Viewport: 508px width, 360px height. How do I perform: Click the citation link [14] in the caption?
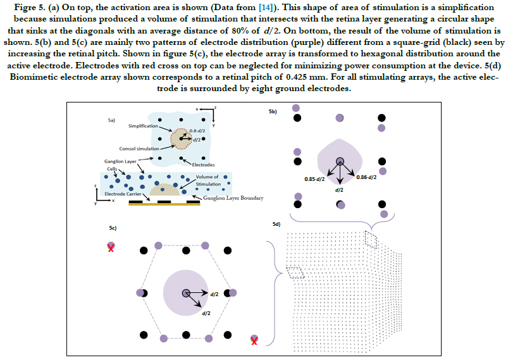coord(266,8)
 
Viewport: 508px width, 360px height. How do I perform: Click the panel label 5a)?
coord(111,120)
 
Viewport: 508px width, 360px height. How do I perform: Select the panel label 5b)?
coord(273,111)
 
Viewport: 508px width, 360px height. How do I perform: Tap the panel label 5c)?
coord(113,228)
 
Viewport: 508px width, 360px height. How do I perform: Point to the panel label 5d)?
coord(276,224)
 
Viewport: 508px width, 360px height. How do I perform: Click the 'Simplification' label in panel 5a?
coord(143,126)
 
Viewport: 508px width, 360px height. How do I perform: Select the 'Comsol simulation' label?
coord(139,149)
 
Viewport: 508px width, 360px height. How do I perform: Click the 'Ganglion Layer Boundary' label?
coord(233,198)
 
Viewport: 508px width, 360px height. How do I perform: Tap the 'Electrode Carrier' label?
coord(123,194)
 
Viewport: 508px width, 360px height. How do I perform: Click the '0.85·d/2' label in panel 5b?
coord(314,179)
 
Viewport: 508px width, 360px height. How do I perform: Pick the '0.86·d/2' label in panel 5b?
coord(366,177)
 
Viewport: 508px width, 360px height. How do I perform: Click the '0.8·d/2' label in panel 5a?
coord(197,130)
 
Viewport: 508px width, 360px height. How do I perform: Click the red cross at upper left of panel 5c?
coord(111,248)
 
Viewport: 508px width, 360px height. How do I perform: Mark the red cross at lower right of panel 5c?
coord(254,341)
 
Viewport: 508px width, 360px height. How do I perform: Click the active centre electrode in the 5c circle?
coord(185,293)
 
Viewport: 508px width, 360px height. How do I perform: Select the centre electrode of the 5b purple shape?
coord(340,161)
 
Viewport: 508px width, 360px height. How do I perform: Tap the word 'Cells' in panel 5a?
coord(112,169)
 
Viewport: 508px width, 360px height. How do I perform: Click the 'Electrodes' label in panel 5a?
coord(203,165)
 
